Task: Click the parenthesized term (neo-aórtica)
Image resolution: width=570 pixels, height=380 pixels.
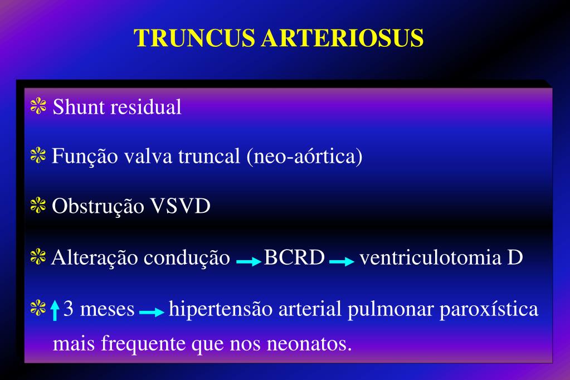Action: tap(304, 157)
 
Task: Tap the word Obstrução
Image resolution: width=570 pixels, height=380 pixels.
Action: tap(90, 207)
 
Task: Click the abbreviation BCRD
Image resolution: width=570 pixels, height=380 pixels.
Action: tap(294, 258)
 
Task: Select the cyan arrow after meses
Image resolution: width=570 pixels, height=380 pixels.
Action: tap(152, 313)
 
